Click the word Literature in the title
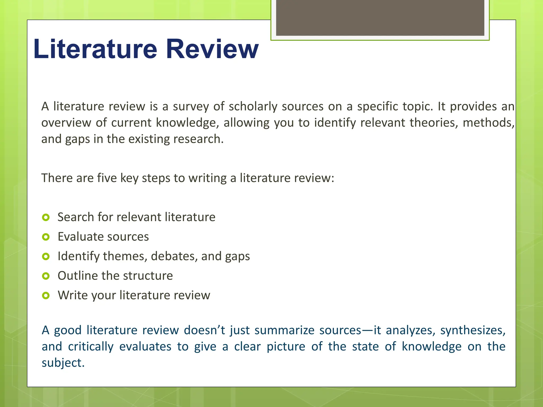point(95,49)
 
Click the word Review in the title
point(212,49)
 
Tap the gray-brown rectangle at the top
point(380,17)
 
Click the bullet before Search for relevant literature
point(46,218)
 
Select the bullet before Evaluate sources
point(46,237)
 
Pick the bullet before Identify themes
point(46,256)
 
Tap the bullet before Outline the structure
point(46,276)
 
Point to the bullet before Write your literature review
point(46,295)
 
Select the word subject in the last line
point(63,363)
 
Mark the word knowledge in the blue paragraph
point(431,347)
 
